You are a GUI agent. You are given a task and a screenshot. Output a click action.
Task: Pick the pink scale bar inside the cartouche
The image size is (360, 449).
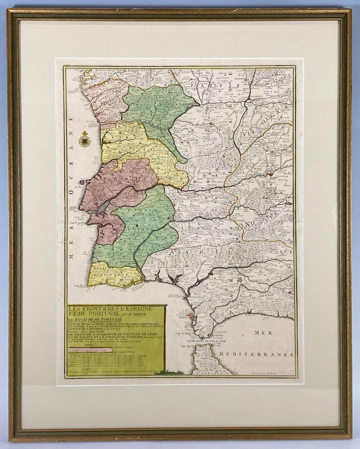click(96, 349)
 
